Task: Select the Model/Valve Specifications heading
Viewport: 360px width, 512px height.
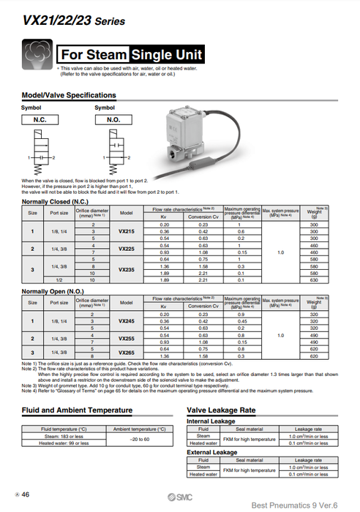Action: (x=69, y=96)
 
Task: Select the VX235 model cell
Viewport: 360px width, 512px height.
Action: (x=126, y=269)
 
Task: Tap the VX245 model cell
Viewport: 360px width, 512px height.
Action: (x=126, y=320)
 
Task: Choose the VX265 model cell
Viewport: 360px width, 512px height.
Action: (x=126, y=352)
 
